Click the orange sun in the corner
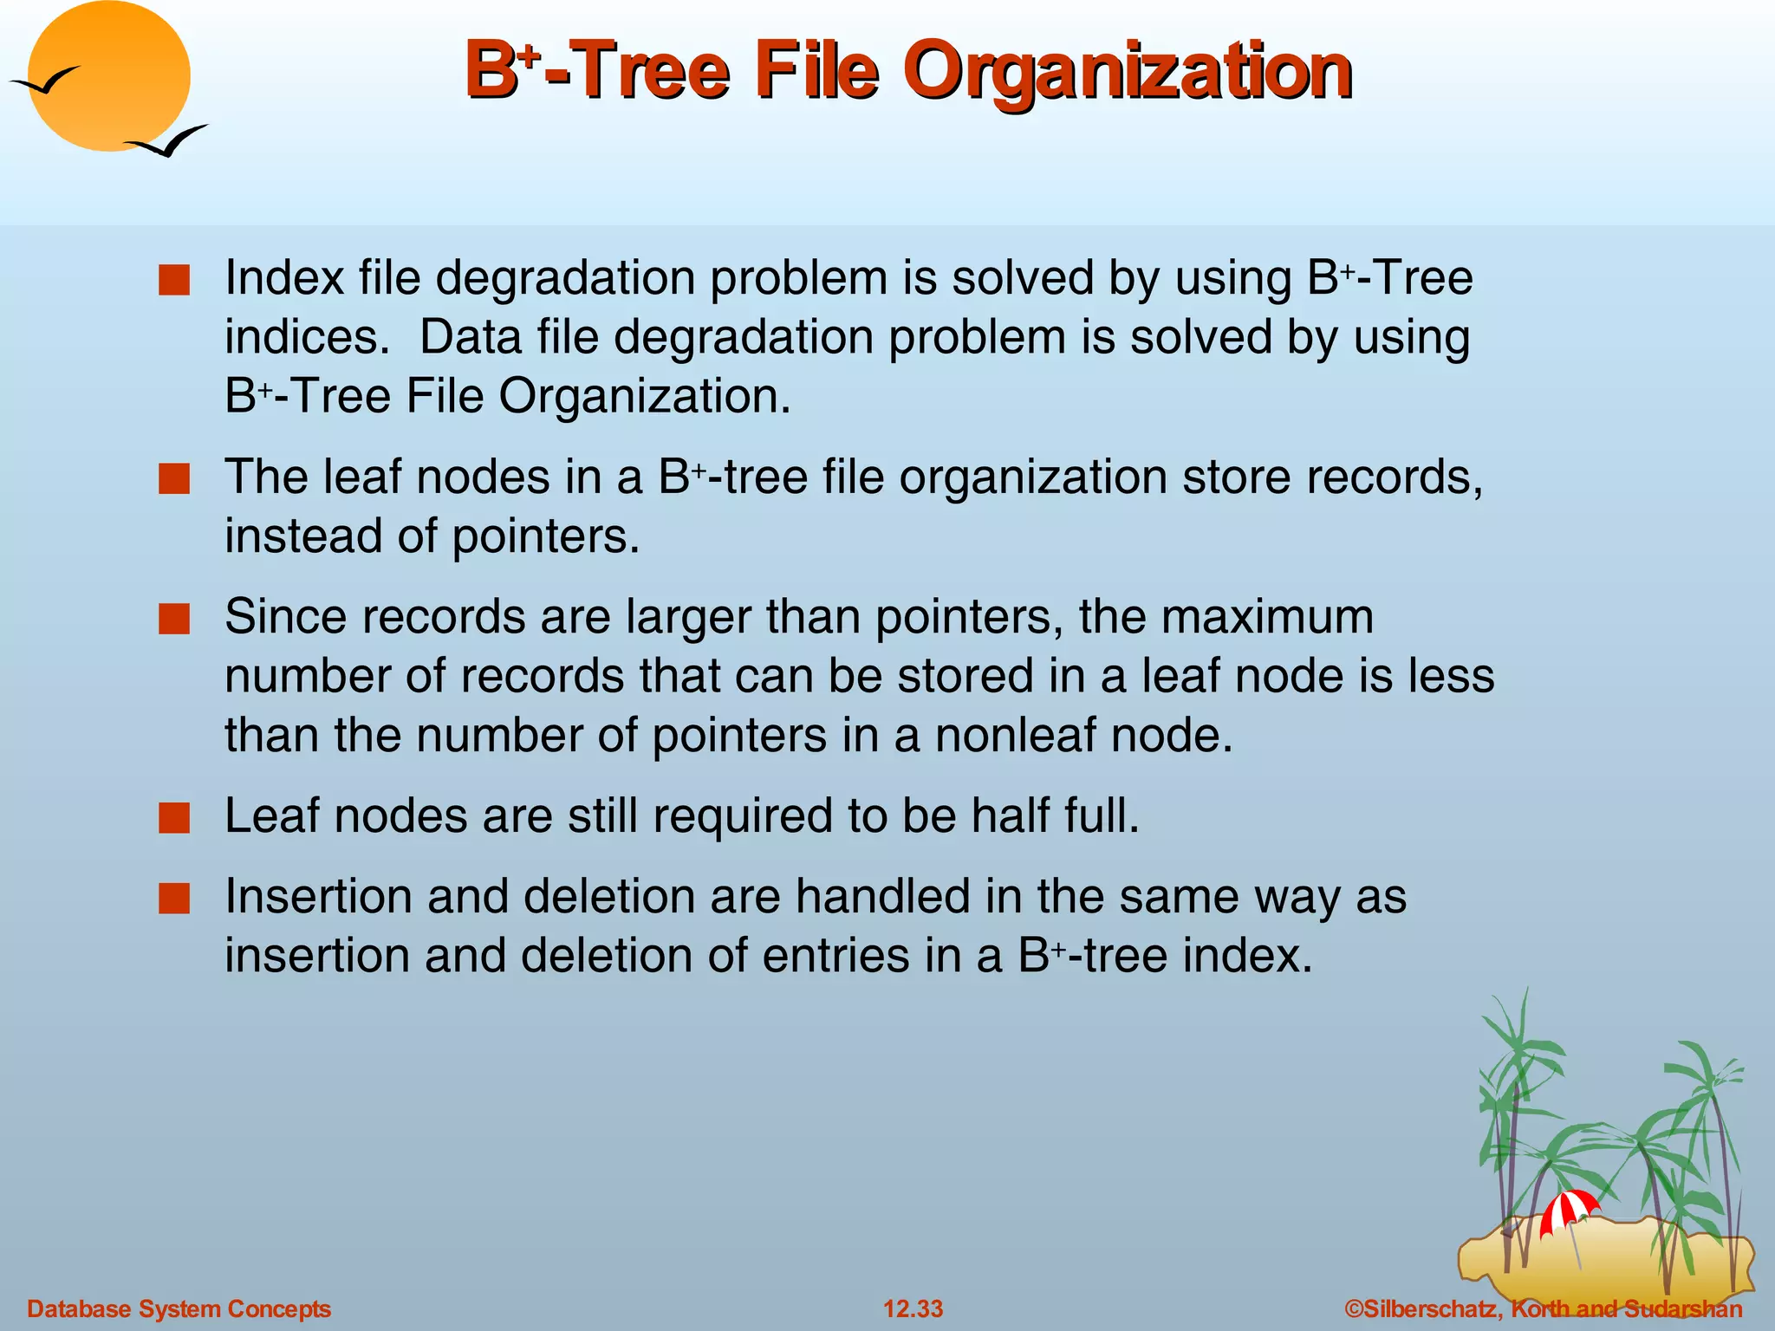[109, 76]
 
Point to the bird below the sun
[169, 141]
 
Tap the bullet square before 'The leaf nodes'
[174, 479]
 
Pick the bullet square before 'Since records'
[174, 620]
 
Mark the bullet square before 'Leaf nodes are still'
[174, 818]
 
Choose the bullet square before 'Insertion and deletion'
[174, 899]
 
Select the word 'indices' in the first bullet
[303, 337]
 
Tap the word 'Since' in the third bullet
[286, 618]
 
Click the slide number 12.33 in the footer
[913, 1308]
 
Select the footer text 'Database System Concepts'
[179, 1308]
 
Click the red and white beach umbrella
[1568, 1210]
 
